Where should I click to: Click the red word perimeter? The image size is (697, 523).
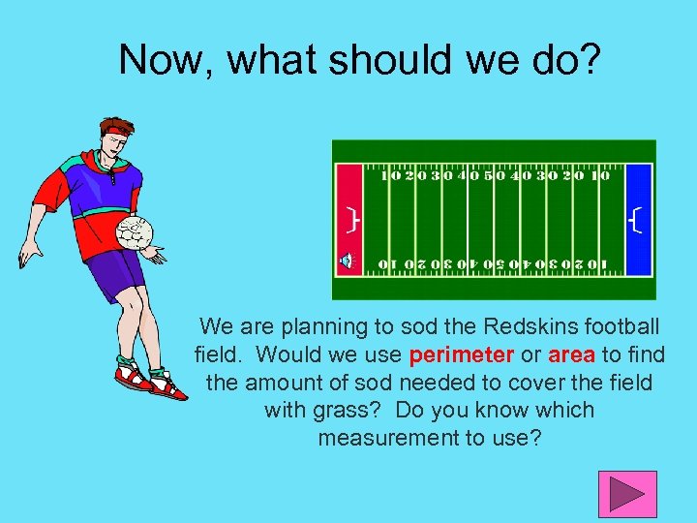pyautogui.click(x=462, y=354)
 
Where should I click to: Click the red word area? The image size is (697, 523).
pyautogui.click(x=571, y=354)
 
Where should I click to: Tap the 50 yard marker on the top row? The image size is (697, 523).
pyautogui.click(x=494, y=176)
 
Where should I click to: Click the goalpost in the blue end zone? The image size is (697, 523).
pyautogui.click(x=634, y=222)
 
